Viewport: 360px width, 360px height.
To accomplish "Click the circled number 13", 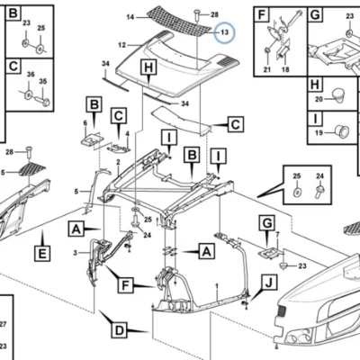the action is [225, 32].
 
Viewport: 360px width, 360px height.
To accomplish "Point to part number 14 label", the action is [130, 17].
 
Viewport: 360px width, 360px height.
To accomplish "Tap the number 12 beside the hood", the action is [121, 45].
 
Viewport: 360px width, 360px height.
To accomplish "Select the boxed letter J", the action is [269, 283].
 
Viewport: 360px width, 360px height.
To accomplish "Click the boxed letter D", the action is [120, 331].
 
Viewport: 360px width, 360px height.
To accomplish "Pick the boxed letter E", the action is [42, 254].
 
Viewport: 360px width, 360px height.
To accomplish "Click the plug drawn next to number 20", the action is [338, 94].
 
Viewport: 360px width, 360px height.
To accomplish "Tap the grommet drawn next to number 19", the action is [342, 131].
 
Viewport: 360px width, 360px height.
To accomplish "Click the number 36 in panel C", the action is [31, 75].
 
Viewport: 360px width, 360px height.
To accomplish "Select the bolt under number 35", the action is [42, 100].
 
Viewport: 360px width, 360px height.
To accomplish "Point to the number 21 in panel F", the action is [267, 69].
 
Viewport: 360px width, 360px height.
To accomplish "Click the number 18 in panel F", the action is [285, 69].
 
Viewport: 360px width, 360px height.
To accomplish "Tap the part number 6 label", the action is [85, 123].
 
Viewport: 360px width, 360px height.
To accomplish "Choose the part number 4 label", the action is [127, 133].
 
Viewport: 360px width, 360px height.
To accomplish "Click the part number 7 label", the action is [277, 234].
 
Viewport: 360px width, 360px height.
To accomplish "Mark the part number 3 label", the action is [75, 253].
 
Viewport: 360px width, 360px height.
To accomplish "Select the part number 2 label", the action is [118, 162].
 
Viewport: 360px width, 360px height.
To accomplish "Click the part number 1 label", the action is [217, 285].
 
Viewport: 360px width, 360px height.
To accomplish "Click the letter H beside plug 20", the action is [315, 85].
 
